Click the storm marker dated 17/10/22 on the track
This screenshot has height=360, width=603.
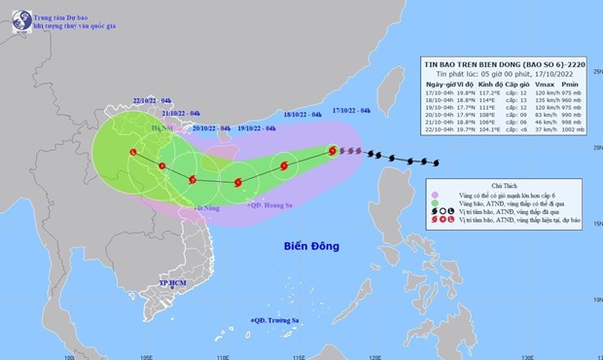tap(333, 151)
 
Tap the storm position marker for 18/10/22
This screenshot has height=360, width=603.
tap(283, 166)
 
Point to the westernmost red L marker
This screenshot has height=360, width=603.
tap(133, 152)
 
